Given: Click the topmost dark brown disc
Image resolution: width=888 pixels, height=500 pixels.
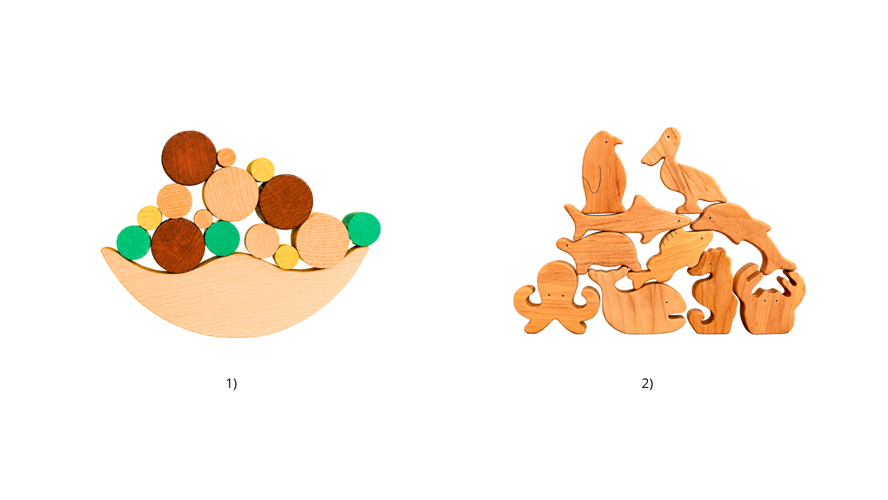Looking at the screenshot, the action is point(189,158).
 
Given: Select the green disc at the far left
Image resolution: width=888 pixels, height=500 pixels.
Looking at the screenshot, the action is point(133,243).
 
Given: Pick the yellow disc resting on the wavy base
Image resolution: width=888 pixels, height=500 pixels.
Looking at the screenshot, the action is point(286,257).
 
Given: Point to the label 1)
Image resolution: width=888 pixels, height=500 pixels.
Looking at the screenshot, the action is point(231,383).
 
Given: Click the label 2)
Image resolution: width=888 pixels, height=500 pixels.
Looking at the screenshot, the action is point(647,383).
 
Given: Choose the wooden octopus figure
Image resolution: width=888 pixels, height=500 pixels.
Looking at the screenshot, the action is point(556,299).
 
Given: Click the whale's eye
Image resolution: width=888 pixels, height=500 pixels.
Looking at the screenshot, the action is point(667,302).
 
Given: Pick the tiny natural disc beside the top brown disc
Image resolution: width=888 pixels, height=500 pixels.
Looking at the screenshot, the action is point(226,157).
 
